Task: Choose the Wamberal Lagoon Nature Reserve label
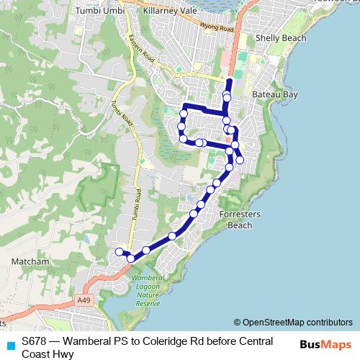[149, 289]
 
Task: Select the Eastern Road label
[141, 52]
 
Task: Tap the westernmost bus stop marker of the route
[119, 251]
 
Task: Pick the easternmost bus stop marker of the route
[240, 160]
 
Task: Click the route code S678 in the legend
[35, 341]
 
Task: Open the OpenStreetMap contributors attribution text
[293, 323]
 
